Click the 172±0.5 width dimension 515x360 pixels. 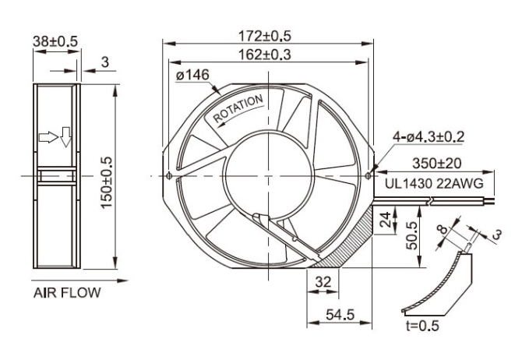coord(265,36)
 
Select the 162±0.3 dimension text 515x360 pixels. coord(265,55)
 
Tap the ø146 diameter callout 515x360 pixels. coord(192,76)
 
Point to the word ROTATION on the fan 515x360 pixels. coord(238,109)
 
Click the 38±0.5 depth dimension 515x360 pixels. coord(55,41)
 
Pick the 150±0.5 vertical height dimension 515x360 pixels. coord(107,182)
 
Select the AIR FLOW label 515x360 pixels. coord(67,293)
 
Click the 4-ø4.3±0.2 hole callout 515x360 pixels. coord(429,136)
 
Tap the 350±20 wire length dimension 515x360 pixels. coord(436,164)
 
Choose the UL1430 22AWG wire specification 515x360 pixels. coord(434,184)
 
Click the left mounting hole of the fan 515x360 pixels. coord(169,176)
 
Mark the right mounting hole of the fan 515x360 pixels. coord(369,176)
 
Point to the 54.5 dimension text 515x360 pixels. coord(340,315)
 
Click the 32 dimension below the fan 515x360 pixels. coord(323,282)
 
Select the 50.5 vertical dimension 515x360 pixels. coord(412,235)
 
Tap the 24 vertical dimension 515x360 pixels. coord(385,220)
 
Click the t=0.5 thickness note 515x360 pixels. coord(422,326)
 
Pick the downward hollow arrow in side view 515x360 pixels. coord(66,137)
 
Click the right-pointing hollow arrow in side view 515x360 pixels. coord(48,137)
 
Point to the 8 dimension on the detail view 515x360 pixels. coord(443,228)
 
